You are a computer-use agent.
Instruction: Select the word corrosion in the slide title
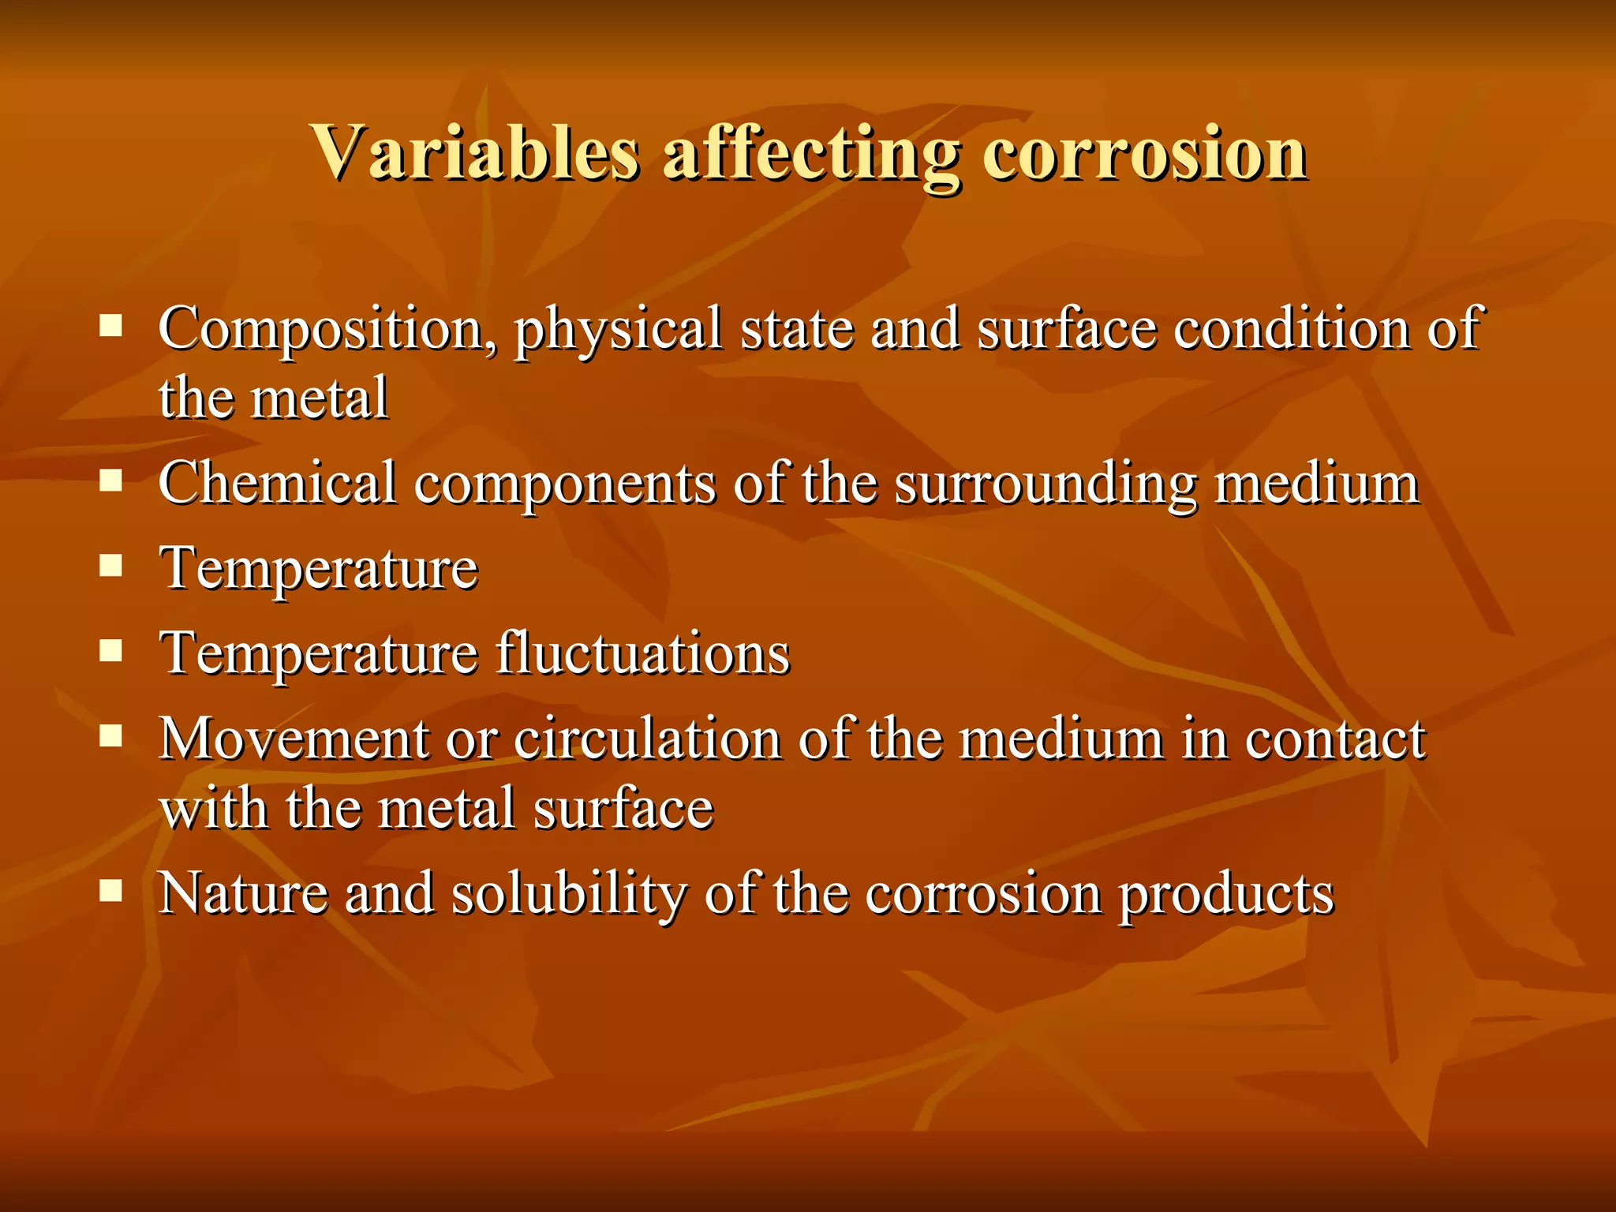1144,153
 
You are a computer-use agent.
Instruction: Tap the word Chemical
277,483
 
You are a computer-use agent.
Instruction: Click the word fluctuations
643,653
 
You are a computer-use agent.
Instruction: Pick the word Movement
293,739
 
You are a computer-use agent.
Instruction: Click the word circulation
647,739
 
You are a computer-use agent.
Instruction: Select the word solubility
568,895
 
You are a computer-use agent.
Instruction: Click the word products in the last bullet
1226,895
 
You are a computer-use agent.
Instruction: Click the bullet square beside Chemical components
111,481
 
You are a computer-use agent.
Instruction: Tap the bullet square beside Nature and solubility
111,891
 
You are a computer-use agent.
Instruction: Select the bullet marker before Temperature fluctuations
111,651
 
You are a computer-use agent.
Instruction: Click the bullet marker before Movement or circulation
111,736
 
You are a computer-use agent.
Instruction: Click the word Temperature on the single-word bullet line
319,569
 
